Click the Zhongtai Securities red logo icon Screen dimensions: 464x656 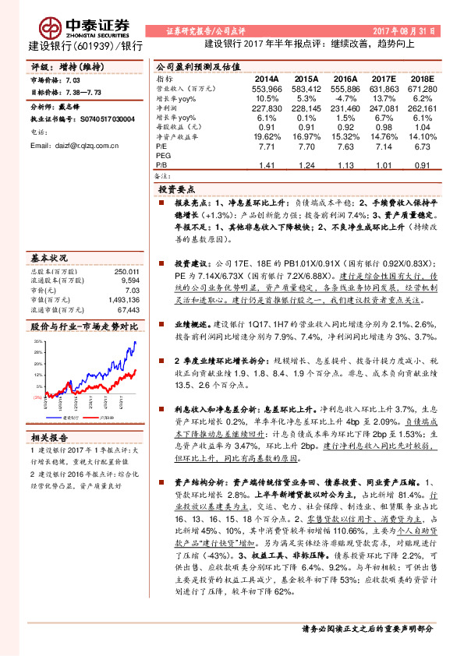tap(52, 25)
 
